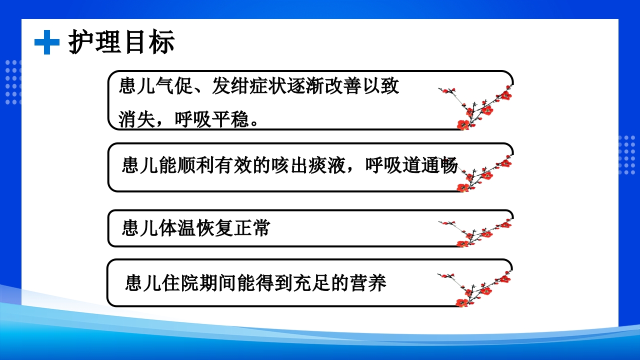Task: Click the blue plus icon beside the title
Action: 46,42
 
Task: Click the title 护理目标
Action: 121,42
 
